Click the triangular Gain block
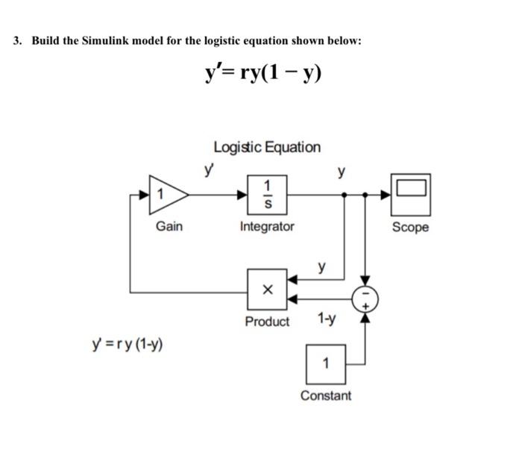coord(166,194)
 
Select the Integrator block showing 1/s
coord(267,194)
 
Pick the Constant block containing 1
coord(325,363)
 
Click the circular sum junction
coord(365,299)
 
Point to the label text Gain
coord(169,225)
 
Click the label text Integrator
coord(267,225)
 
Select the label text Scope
coord(411,227)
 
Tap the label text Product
coord(267,322)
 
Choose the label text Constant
coord(325,396)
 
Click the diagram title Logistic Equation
coord(267,147)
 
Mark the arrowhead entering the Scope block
coord(387,194)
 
